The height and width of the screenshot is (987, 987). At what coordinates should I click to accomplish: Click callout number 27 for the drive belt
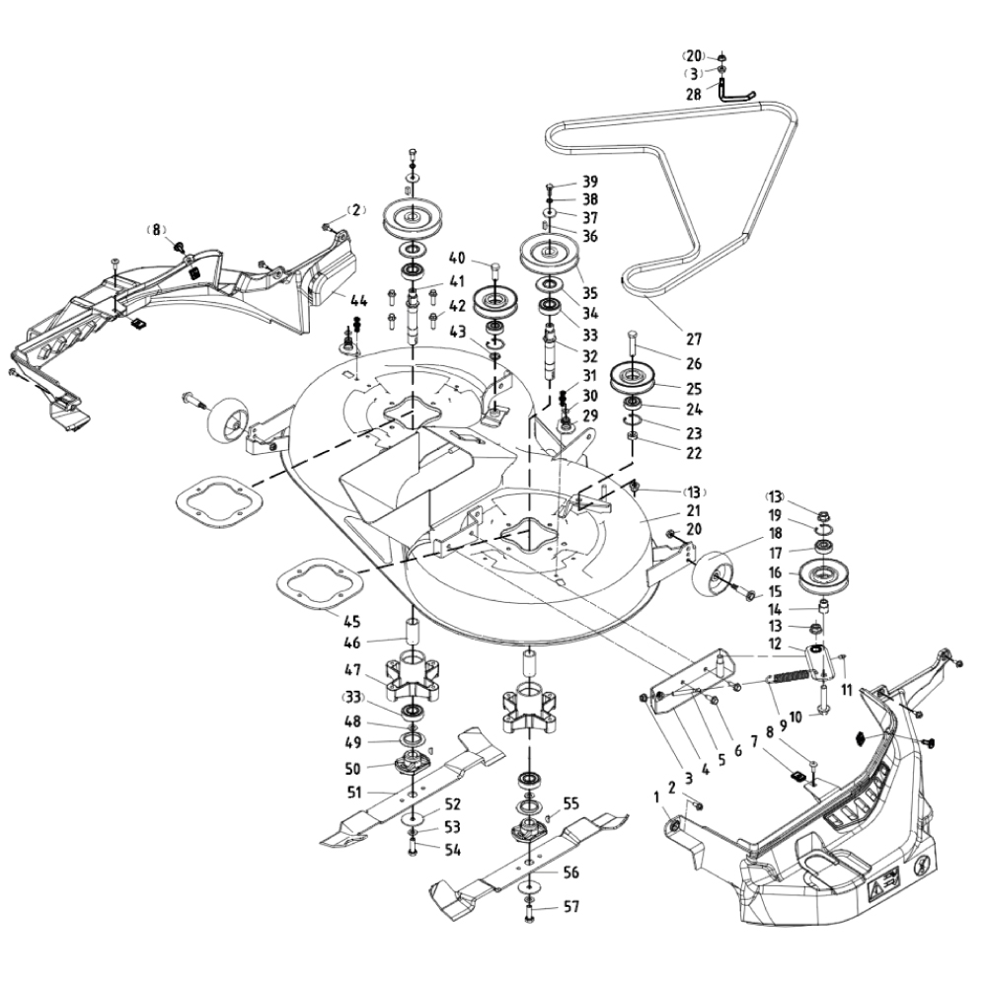tap(693, 339)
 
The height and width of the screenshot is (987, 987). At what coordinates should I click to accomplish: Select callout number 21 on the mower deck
tap(693, 510)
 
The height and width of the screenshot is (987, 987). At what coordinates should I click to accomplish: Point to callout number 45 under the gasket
tap(352, 622)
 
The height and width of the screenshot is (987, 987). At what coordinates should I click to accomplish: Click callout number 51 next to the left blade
tap(354, 793)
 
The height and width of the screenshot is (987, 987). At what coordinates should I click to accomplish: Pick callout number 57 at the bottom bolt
tap(571, 907)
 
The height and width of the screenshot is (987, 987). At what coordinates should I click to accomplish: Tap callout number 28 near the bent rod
tap(693, 94)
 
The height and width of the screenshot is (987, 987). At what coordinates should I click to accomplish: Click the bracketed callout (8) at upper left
tap(156, 229)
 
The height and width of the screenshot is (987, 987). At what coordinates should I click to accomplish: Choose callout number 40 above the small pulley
tap(457, 258)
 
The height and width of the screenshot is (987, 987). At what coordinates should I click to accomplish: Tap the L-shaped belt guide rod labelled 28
tap(734, 91)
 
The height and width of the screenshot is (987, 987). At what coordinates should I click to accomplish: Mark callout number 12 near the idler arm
tap(775, 644)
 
